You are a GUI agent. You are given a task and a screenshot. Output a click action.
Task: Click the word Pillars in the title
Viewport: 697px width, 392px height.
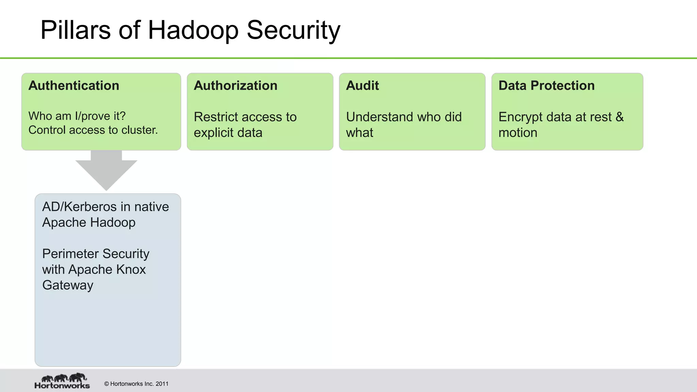click(76, 30)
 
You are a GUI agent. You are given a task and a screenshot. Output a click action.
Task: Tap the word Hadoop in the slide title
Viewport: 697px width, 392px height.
click(193, 30)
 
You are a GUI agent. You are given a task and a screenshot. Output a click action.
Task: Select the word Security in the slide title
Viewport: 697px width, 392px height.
click(293, 30)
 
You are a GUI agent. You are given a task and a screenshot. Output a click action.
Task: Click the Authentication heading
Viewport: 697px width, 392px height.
click(74, 85)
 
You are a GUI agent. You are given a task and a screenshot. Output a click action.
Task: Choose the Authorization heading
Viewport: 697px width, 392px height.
click(236, 85)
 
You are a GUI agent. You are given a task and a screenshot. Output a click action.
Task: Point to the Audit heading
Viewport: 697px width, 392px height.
click(362, 85)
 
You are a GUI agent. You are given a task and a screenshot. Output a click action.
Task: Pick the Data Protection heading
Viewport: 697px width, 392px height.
click(547, 85)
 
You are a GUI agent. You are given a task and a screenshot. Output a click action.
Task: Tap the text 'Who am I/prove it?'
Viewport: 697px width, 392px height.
click(77, 116)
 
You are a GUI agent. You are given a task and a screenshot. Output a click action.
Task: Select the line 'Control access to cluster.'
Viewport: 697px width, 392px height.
click(93, 130)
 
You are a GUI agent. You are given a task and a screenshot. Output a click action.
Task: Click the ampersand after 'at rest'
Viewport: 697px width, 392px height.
click(620, 117)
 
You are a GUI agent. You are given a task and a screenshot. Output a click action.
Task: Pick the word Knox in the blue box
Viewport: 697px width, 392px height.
click(131, 269)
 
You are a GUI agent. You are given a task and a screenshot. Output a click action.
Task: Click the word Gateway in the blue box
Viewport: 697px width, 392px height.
click(68, 285)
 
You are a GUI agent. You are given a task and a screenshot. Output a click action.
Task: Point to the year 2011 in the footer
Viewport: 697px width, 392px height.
click(162, 384)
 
